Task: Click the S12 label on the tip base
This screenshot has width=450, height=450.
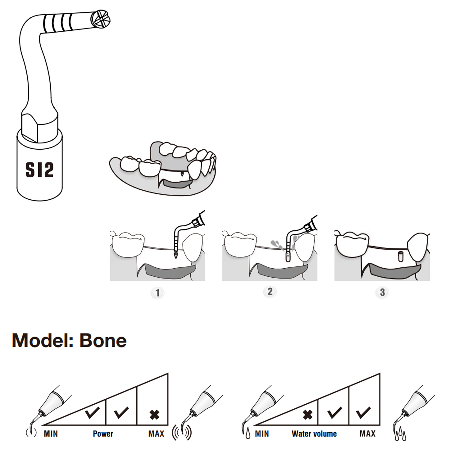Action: pyautogui.click(x=39, y=170)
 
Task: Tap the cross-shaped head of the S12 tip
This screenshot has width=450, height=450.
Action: pyautogui.click(x=100, y=19)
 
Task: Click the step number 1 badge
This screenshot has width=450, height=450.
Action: pyautogui.click(x=157, y=293)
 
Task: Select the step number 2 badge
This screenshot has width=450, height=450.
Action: pyautogui.click(x=270, y=292)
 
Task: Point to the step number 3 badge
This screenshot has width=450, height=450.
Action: pyautogui.click(x=382, y=292)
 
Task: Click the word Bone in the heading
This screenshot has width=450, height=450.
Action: pyautogui.click(x=103, y=341)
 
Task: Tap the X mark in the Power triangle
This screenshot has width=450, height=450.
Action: pyautogui.click(x=154, y=415)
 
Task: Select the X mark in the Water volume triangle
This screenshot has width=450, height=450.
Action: pyautogui.click(x=308, y=415)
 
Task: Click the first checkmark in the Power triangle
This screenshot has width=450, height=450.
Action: pyautogui.click(x=92, y=412)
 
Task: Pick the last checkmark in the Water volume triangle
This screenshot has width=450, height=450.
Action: pyautogui.click(x=363, y=413)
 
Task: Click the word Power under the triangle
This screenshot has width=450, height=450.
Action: pyautogui.click(x=103, y=434)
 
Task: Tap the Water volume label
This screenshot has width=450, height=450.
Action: pyautogui.click(x=314, y=434)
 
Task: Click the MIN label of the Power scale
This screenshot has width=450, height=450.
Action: pyautogui.click(x=51, y=434)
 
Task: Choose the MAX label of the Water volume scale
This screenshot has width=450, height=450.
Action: pyautogui.click(x=368, y=434)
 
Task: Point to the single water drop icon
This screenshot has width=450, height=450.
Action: pyautogui.click(x=248, y=433)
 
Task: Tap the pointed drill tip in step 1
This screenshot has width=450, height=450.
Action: pyautogui.click(x=176, y=255)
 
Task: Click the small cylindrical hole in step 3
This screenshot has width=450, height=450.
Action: pyautogui.click(x=400, y=257)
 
